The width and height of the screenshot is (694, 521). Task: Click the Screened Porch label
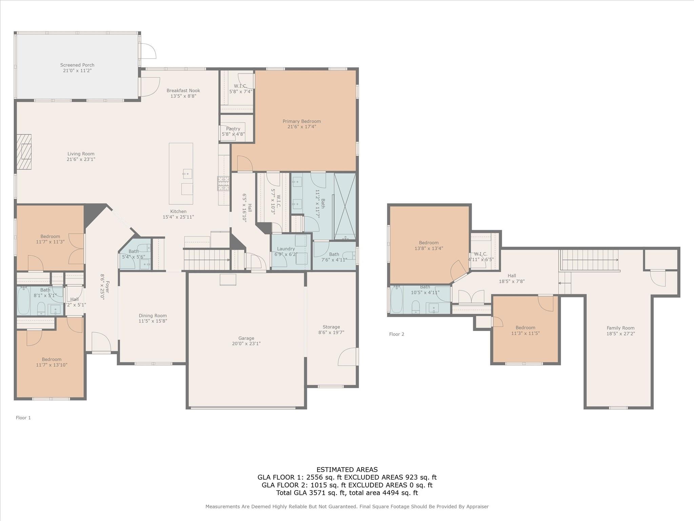[77, 65]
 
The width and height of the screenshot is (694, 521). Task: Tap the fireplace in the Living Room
[24, 152]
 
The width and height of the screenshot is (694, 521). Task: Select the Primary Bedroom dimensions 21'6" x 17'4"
[302, 127]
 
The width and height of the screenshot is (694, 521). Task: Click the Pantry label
[233, 129]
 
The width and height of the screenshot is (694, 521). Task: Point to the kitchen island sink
[187, 174]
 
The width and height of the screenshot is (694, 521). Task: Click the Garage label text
[246, 338]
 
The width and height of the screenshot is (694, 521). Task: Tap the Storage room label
[331, 327]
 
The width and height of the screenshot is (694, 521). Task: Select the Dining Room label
[152, 315]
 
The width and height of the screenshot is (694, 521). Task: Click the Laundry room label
[286, 249]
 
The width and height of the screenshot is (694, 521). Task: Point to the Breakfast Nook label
[183, 91]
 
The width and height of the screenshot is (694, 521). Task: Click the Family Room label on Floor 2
[620, 328]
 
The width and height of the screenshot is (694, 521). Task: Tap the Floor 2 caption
[396, 334]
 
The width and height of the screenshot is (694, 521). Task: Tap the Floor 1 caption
[23, 418]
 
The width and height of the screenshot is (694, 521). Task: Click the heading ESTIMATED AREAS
[347, 469]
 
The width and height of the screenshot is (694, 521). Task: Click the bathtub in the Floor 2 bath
[396, 300]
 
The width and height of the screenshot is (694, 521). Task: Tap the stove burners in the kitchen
[223, 184]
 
